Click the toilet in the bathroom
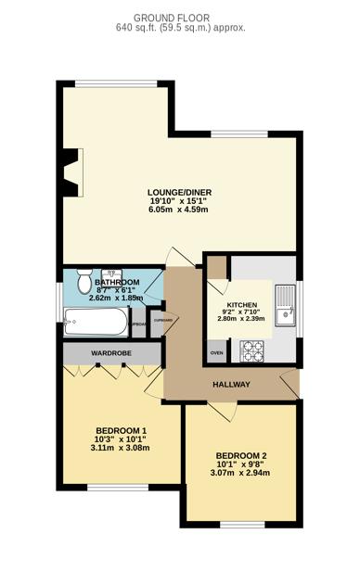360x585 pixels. (x=84, y=281)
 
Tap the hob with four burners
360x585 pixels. (x=252, y=351)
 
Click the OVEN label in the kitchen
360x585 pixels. (x=216, y=353)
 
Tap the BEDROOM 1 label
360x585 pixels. (x=122, y=430)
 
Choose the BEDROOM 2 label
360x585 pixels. (x=240, y=455)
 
